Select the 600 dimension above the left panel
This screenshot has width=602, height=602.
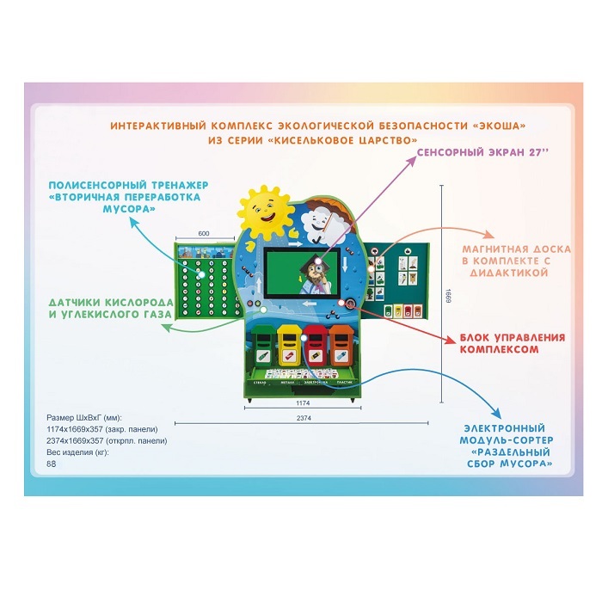click(x=204, y=233)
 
